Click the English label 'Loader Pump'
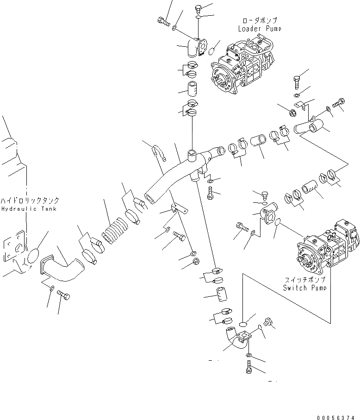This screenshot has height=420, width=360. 259,29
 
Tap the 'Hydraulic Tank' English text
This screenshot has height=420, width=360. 29,209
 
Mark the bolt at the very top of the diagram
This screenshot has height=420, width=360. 199,8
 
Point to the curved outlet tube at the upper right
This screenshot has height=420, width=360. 308,126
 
